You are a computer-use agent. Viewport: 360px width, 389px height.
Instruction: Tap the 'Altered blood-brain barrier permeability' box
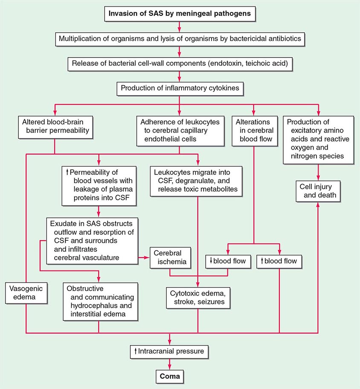click(55, 126)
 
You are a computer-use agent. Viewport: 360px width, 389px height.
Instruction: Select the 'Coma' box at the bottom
click(170, 377)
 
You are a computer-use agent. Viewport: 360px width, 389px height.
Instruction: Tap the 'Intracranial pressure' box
click(170, 352)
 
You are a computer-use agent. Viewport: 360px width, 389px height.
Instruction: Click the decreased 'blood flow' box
click(227, 261)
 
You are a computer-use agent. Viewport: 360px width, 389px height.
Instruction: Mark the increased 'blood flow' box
click(279, 261)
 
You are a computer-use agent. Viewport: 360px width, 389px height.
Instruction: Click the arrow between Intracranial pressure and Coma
click(170, 363)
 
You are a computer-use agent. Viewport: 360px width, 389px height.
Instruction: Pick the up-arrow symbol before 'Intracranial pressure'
click(135, 352)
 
